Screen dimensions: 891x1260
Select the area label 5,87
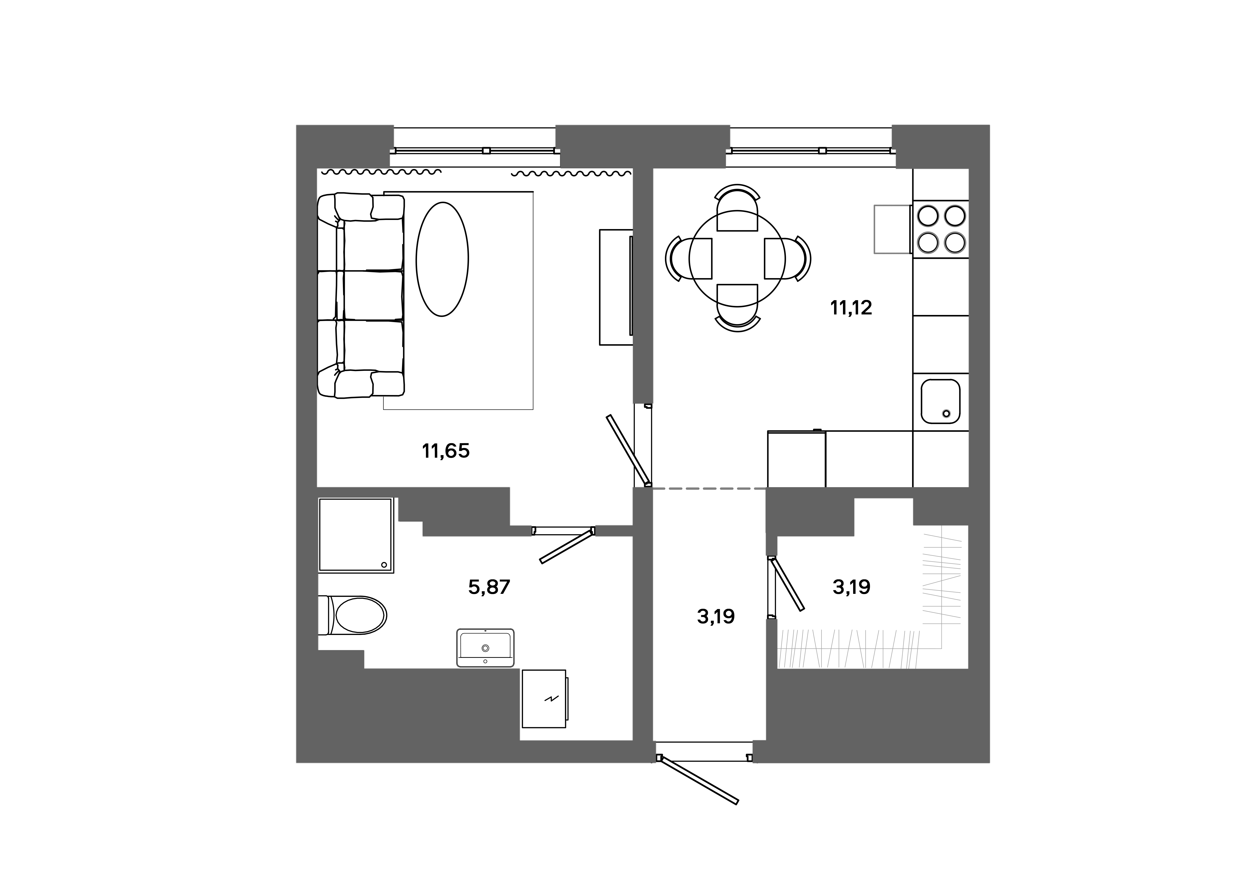pyautogui.click(x=489, y=587)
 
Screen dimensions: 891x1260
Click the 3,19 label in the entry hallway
pyautogui.click(x=716, y=617)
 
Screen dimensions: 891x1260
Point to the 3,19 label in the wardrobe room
pyautogui.click(x=851, y=587)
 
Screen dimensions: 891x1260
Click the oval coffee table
pyautogui.click(x=442, y=259)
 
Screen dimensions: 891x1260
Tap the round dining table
pyautogui.click(x=737, y=259)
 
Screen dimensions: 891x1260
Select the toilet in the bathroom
pyautogui.click(x=357, y=615)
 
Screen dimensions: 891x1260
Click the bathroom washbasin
pyautogui.click(x=485, y=647)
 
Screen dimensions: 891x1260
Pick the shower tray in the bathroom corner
pyautogui.click(x=356, y=535)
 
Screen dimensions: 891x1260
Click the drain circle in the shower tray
pyautogui.click(x=384, y=565)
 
